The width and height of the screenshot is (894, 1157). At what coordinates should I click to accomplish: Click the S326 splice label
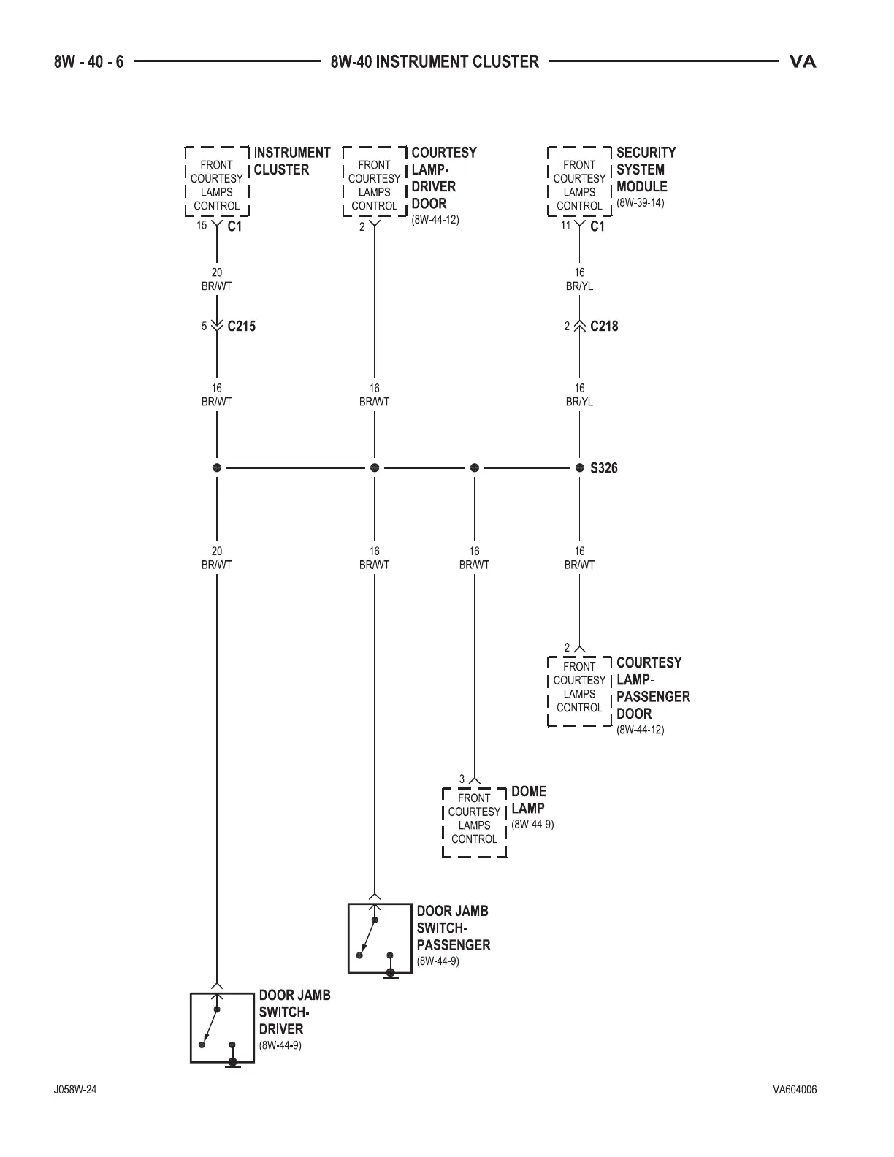click(x=603, y=468)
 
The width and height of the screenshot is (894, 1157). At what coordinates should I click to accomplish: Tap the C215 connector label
click(x=241, y=327)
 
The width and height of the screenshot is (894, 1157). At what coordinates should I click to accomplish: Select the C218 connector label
click(x=604, y=327)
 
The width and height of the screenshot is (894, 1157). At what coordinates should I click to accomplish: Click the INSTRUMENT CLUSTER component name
click(x=291, y=161)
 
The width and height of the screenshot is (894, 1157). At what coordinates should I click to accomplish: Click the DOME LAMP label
click(x=528, y=800)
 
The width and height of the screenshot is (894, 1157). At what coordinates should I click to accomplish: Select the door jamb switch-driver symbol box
click(x=222, y=1027)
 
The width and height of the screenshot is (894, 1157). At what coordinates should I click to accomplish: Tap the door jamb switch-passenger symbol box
click(x=379, y=938)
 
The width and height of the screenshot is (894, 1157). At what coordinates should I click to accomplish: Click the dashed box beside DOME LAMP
click(x=474, y=822)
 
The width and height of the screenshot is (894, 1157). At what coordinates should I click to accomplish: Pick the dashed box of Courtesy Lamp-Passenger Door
click(x=579, y=690)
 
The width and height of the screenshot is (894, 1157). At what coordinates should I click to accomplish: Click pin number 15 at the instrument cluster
click(x=202, y=226)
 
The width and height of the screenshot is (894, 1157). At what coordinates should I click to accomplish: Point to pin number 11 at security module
click(x=565, y=226)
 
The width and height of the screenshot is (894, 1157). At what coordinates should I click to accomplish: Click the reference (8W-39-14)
click(x=641, y=203)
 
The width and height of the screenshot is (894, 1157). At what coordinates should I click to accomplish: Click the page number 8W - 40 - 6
click(x=88, y=62)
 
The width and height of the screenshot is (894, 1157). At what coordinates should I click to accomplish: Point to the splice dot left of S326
click(x=579, y=467)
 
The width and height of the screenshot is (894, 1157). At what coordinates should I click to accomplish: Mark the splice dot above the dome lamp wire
click(x=474, y=467)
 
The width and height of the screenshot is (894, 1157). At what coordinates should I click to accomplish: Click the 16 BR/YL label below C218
click(x=579, y=394)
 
